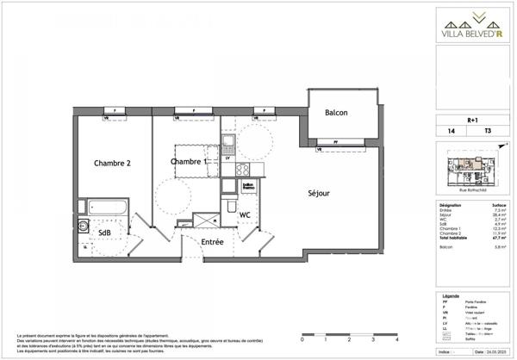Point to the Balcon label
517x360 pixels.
(x=336, y=114)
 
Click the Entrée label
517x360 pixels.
(x=212, y=242)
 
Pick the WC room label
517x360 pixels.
(x=245, y=214)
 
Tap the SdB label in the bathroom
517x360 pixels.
(x=103, y=233)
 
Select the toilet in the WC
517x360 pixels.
(x=228, y=208)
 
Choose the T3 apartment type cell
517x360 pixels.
(x=488, y=132)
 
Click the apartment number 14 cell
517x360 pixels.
(x=451, y=132)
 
